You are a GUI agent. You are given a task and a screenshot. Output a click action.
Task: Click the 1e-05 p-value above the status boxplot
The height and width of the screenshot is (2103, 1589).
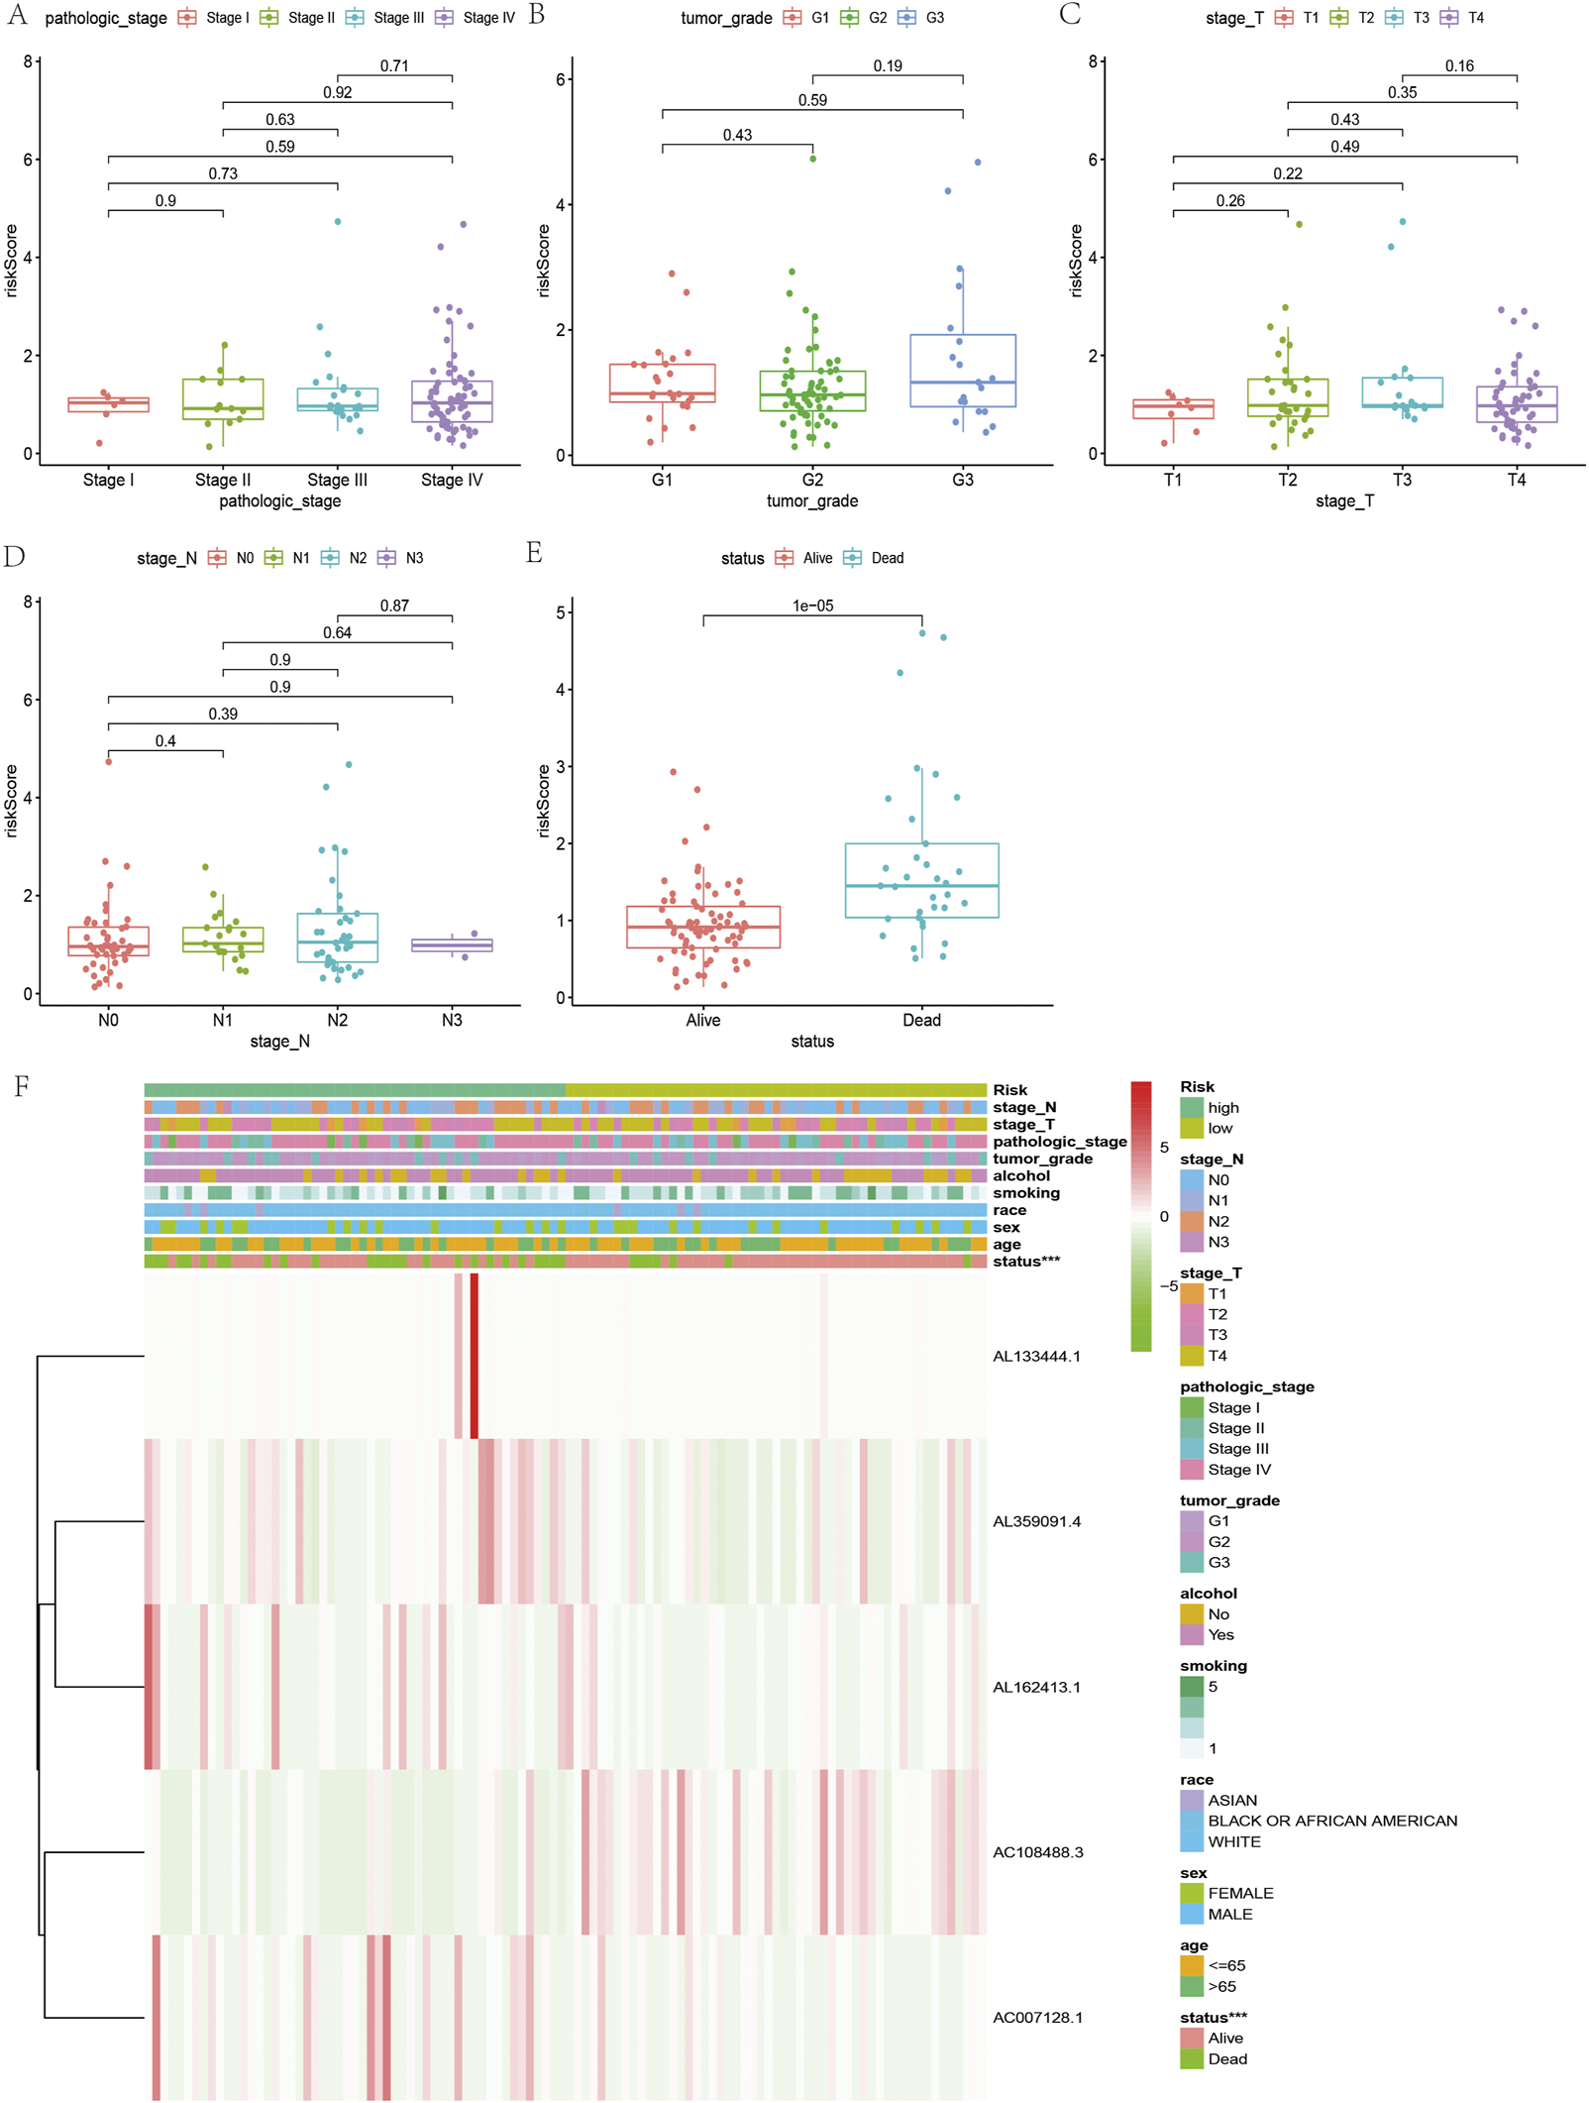(x=812, y=606)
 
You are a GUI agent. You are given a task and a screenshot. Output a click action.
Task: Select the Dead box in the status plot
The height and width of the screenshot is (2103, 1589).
(x=921, y=880)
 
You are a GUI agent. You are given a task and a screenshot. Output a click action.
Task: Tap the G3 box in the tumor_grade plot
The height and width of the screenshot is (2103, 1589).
(x=962, y=371)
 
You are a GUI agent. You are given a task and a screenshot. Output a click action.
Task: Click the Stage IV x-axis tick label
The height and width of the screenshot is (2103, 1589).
(x=452, y=480)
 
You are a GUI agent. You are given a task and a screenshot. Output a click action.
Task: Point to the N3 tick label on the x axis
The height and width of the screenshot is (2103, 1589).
(x=452, y=1020)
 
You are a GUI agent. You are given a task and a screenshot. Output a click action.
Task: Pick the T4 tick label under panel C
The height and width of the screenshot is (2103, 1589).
(x=1516, y=480)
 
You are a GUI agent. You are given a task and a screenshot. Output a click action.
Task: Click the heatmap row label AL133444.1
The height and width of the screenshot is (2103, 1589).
(x=1036, y=1356)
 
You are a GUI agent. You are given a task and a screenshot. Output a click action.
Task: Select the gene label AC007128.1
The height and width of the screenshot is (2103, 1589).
(x=1037, y=2017)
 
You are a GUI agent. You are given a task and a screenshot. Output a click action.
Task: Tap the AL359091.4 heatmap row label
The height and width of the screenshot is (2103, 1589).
(x=1036, y=1521)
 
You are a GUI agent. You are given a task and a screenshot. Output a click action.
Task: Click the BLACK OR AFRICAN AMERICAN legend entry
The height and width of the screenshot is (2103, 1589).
(x=1331, y=1821)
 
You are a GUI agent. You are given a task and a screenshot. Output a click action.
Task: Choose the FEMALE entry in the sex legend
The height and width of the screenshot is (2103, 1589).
(x=1239, y=1893)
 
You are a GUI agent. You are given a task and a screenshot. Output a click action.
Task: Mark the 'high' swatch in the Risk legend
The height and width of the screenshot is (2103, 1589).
(x=1192, y=1107)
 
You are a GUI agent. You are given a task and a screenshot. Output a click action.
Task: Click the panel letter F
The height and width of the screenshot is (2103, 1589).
(x=21, y=1087)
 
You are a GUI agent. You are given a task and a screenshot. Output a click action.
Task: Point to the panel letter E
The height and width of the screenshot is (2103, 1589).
(x=534, y=553)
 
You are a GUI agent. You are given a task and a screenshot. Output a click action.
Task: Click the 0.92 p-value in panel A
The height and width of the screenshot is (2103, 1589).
(x=337, y=92)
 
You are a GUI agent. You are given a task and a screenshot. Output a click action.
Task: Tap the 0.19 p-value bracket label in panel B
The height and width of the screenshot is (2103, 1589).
(x=887, y=65)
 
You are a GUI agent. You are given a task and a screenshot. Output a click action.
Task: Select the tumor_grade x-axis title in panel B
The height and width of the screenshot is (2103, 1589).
(x=811, y=501)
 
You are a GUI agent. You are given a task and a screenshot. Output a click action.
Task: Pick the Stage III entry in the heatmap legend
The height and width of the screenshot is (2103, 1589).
(x=1237, y=1448)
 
